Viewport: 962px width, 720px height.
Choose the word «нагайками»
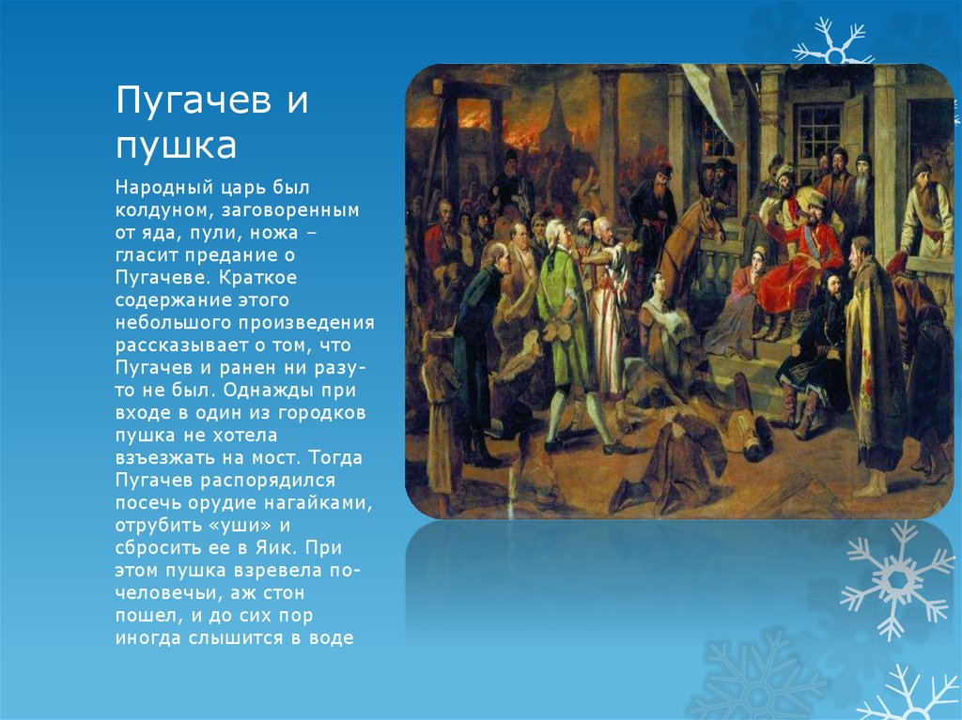point(318,503)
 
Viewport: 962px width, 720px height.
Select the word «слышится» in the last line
point(236,638)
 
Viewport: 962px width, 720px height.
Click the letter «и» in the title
point(297,100)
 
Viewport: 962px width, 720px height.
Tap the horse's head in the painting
point(707,220)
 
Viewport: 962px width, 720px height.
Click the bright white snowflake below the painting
point(896,579)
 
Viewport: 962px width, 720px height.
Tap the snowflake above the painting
point(832,41)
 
